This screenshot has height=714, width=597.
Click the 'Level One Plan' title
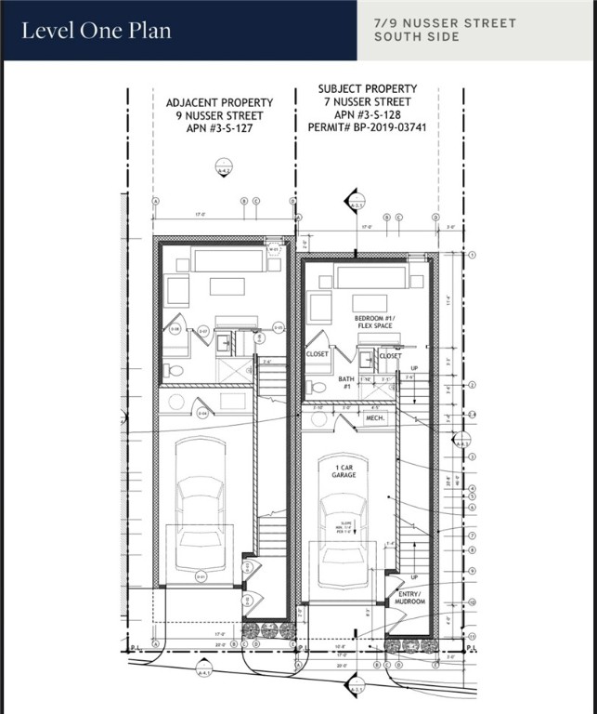click(97, 31)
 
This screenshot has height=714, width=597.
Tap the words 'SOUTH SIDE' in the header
click(417, 37)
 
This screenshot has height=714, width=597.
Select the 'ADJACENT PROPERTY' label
click(219, 102)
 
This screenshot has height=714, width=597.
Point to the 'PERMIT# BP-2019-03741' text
click(368, 128)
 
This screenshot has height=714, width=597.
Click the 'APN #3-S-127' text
click(219, 129)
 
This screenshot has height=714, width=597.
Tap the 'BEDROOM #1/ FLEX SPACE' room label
click(375, 323)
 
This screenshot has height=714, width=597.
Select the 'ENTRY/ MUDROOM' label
click(410, 597)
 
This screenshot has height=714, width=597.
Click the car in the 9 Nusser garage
click(201, 507)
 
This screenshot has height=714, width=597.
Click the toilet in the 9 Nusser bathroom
click(173, 370)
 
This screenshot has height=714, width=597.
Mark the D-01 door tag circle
click(200, 577)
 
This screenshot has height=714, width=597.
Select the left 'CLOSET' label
click(318, 355)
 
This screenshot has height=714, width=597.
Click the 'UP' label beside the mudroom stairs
click(414, 576)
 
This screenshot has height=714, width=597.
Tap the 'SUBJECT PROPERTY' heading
click(367, 89)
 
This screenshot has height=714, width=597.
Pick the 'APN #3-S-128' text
click(368, 115)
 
